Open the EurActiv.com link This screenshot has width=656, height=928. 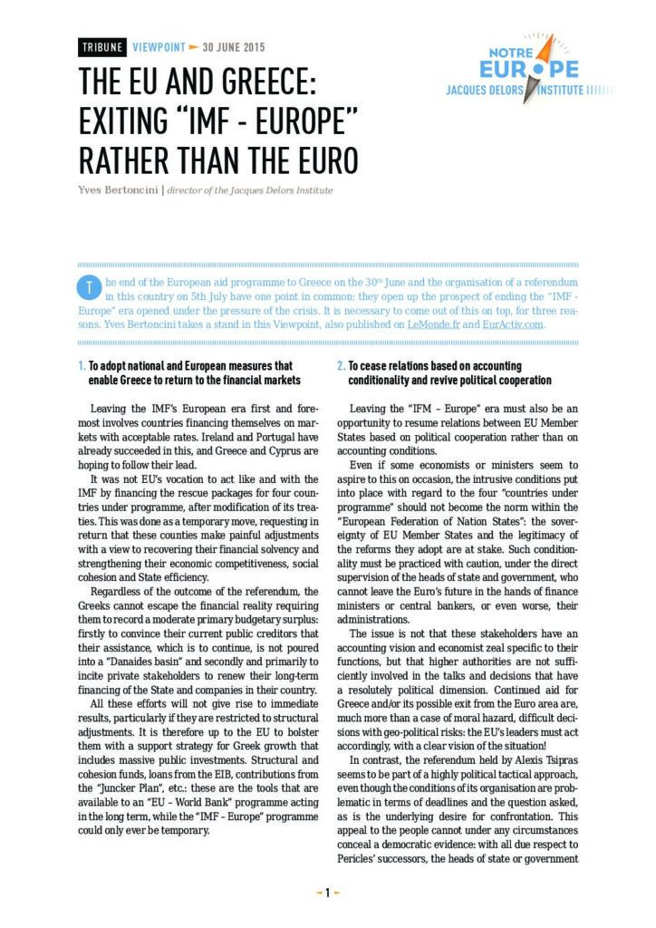point(516,324)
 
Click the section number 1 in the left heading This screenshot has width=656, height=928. point(81,366)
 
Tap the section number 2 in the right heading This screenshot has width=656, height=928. point(341,366)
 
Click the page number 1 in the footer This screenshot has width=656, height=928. point(328,893)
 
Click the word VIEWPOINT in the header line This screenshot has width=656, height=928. point(159,47)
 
